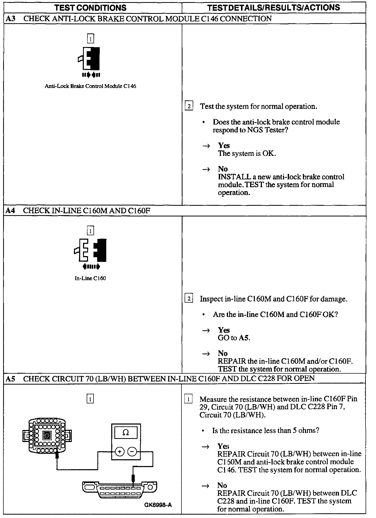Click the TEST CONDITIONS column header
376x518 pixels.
90,8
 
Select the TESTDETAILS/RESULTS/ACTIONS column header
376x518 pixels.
273,8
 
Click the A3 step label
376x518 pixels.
10,19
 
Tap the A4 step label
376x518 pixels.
10,211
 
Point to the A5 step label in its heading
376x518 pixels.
10,379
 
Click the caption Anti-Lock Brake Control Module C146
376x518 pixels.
90,86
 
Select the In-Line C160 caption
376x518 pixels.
90,278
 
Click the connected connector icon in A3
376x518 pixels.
90,58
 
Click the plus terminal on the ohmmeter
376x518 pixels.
120,451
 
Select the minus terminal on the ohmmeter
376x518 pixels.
132,451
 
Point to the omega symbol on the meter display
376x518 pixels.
126,433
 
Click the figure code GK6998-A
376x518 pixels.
158,505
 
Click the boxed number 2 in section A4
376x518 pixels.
189,299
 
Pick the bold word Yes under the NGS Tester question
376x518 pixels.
224,145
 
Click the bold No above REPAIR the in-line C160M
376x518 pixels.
223,353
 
